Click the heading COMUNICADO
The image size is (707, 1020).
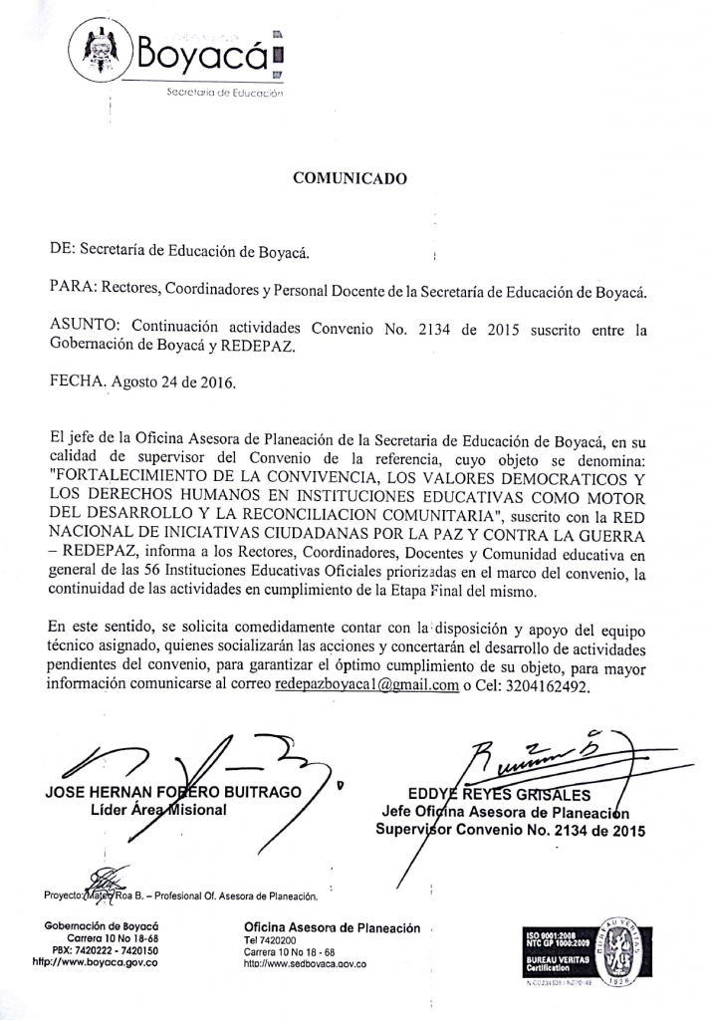[350, 179]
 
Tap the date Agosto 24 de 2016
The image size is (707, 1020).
[173, 382]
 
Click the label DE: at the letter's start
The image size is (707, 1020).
[62, 251]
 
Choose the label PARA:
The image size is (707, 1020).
[72, 290]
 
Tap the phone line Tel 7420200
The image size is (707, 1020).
[270, 940]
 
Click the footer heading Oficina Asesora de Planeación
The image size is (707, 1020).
[332, 927]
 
